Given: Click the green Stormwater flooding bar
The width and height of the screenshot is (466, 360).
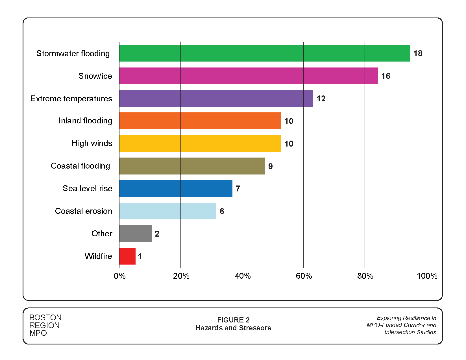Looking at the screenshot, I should [264, 53].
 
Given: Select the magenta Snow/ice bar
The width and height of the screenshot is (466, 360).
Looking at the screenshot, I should [248, 76].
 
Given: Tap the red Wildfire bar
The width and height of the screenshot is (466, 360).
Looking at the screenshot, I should [127, 256].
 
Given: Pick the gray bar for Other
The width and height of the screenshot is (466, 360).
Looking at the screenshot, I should [135, 234].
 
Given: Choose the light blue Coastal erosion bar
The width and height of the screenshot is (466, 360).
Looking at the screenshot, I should [167, 211].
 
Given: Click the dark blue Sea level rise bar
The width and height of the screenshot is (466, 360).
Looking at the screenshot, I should [176, 188].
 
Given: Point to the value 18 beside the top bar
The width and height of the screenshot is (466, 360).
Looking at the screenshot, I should [418, 53].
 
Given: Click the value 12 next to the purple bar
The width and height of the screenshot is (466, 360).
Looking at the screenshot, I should [321, 99].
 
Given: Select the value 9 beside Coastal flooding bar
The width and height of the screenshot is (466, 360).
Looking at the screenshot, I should [270, 166].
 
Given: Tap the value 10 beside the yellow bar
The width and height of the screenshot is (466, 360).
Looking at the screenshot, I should [289, 144].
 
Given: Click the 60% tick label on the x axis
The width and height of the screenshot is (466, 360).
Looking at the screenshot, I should [304, 276].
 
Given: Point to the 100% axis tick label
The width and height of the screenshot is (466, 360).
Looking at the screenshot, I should [427, 276].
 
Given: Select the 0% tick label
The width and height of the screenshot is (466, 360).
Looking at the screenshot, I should [119, 276].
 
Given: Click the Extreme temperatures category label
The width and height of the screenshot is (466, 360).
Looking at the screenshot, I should [71, 99].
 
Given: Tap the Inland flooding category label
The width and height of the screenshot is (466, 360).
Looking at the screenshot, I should [85, 121].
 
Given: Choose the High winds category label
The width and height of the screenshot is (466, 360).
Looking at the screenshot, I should [92, 143].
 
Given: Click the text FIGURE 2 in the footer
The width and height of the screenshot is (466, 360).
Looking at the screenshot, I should [233, 320].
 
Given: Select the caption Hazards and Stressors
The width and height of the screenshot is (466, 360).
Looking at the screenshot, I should [233, 328].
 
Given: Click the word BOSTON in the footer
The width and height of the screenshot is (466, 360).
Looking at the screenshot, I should [45, 317].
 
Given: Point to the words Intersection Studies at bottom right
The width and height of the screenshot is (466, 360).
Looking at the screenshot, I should [410, 332].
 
